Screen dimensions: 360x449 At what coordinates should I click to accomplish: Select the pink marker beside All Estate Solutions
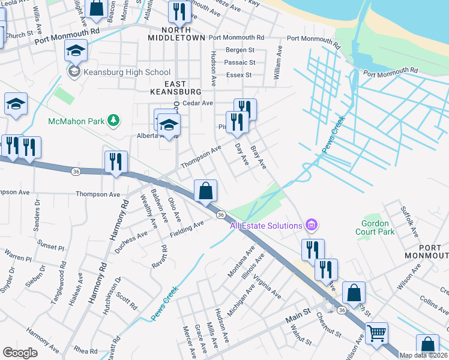click(x=312, y=226)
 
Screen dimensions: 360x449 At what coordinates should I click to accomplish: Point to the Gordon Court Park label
click(x=375, y=227)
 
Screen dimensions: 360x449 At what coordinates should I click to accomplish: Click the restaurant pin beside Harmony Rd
click(x=116, y=161)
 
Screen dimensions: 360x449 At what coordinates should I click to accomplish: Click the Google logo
click(x=20, y=353)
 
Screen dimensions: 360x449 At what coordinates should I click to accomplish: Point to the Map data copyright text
click(x=423, y=355)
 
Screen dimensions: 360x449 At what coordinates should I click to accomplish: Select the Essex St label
click(x=239, y=75)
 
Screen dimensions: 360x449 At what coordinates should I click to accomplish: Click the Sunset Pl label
click(x=50, y=247)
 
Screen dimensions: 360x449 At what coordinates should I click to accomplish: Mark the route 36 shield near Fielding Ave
click(x=221, y=215)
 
